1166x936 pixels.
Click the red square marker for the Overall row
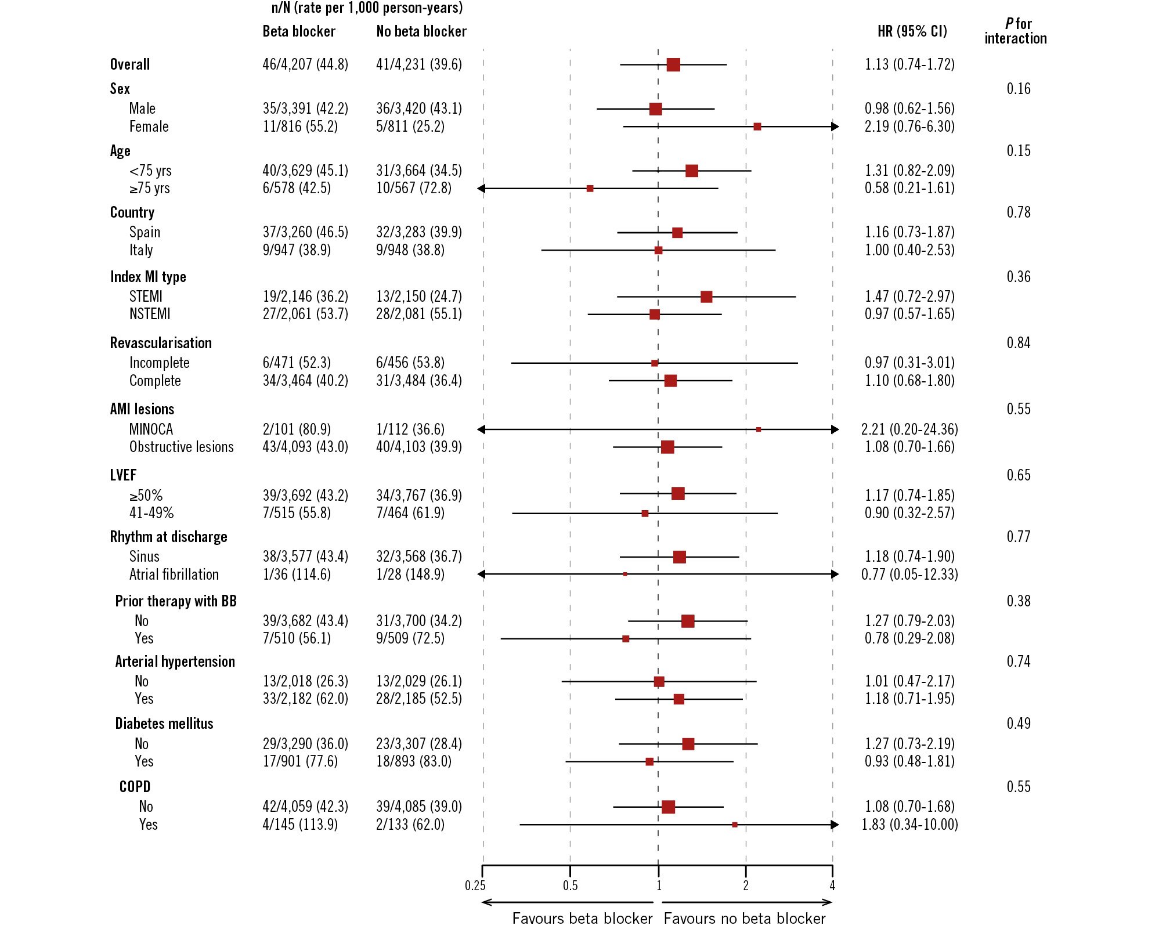click(673, 64)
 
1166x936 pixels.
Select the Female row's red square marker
click(757, 127)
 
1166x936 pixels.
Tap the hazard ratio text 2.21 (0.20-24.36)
click(909, 429)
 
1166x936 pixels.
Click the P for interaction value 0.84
click(1018, 343)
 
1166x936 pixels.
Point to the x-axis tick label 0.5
click(570, 886)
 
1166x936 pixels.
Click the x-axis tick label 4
click(832, 886)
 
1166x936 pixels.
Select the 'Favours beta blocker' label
click(582, 919)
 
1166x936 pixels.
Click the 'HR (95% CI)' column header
click(912, 31)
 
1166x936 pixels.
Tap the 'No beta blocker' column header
click(421, 31)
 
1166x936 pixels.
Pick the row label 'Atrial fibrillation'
click(174, 574)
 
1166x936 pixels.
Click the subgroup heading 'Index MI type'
click(148, 277)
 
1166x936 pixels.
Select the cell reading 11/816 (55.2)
click(300, 127)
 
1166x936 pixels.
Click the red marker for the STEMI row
click(706, 297)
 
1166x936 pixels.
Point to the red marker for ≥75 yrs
click(590, 189)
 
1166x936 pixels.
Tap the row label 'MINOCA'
click(151, 429)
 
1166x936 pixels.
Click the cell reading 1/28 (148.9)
click(410, 574)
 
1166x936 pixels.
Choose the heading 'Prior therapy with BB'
click(175, 601)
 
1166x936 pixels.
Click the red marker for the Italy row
click(658, 251)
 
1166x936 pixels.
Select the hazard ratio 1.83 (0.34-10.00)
click(909, 825)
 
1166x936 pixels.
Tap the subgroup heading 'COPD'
click(135, 787)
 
